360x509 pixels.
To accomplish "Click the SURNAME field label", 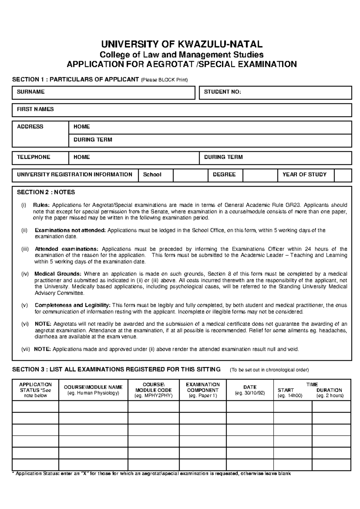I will tap(31, 92).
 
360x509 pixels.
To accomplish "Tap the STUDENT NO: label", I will tap(222, 92).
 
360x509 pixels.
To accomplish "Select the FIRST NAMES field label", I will tap(35, 110).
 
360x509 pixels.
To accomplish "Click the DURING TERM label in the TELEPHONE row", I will tap(223, 157).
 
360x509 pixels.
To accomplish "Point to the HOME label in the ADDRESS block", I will tap(82, 127).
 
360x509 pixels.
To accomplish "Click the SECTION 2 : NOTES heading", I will tap(46, 192).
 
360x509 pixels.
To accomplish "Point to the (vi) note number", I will tap(25, 324).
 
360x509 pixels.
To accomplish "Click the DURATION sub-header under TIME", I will tap(329, 390).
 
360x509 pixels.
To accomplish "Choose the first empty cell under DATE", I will tap(250, 407).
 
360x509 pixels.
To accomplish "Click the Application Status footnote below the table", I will tap(151, 474).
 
